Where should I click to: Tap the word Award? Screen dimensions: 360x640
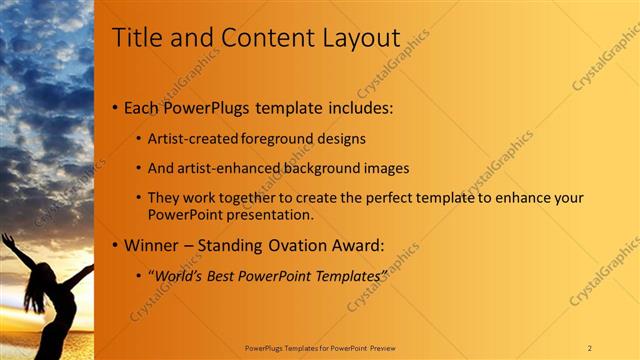(354, 244)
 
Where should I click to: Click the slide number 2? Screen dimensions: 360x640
(589, 348)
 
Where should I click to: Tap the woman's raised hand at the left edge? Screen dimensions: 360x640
(6, 240)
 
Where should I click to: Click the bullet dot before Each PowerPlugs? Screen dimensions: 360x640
(115, 107)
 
